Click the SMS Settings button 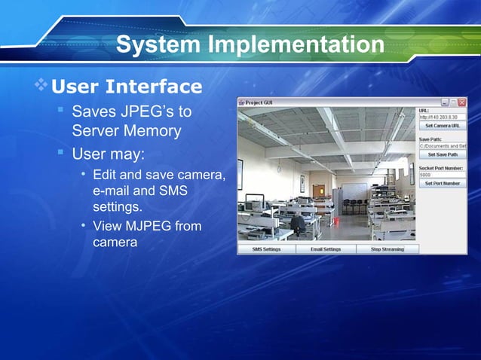tap(266, 249)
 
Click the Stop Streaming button tap(387, 249)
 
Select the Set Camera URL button tap(443, 127)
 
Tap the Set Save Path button tap(443, 154)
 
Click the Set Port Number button tap(443, 183)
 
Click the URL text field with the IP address tap(443, 117)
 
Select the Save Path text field tap(443, 145)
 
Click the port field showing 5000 tap(443, 174)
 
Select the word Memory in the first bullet tap(154, 131)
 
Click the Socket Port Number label tap(441, 166)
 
